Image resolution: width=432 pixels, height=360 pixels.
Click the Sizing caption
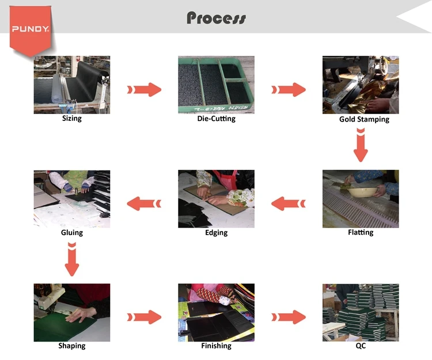pos(72,119)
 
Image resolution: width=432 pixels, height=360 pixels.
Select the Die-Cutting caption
pos(216,119)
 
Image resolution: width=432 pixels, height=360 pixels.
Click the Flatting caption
pos(361,232)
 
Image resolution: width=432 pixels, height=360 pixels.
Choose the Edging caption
pos(216,233)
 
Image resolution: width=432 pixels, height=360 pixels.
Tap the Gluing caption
pos(72,233)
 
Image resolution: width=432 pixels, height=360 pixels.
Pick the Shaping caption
pos(72,346)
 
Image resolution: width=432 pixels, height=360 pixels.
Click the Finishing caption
pos(216,346)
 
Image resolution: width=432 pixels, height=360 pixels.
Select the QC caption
pos(361,346)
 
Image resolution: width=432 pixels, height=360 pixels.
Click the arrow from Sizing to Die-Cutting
pos(144,89)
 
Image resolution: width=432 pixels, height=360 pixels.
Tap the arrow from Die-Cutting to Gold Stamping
pos(288,89)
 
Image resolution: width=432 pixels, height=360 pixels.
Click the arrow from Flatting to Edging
pos(288,203)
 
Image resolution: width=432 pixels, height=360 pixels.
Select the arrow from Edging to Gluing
pos(144,203)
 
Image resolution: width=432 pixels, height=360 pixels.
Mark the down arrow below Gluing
pos(72,259)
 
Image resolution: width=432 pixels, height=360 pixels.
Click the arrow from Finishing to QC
pos(288,316)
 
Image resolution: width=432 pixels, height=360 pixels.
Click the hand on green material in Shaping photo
pos(81,314)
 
